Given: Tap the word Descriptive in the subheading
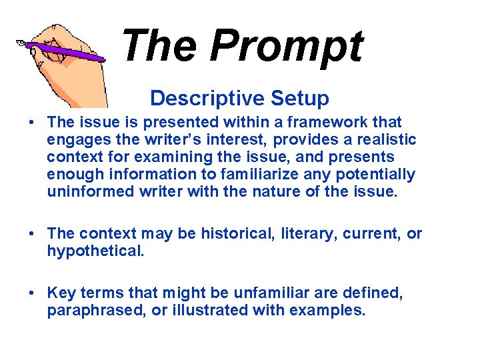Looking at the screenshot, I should (x=199, y=98).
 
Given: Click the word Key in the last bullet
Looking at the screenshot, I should (x=61, y=292).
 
